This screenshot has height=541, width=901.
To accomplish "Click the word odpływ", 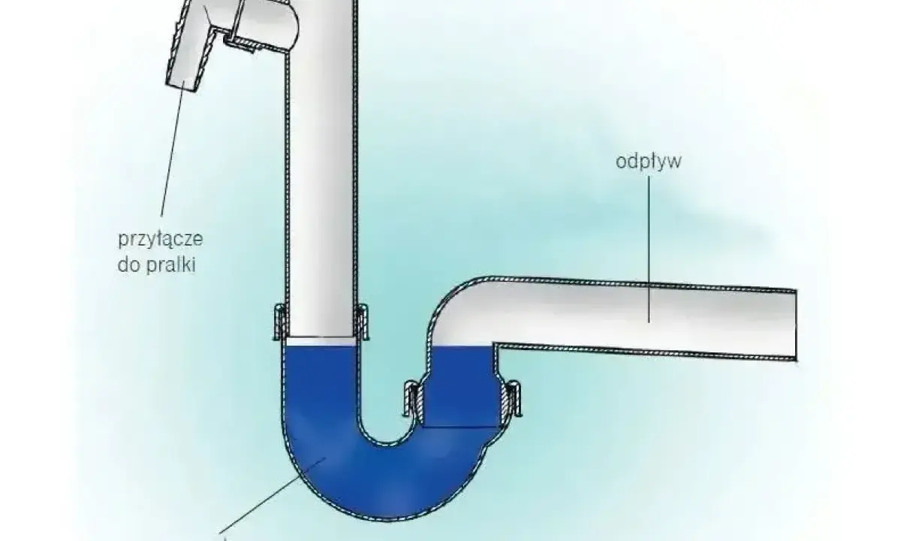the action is [649, 162].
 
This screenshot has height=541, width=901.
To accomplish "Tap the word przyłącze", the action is [161, 240].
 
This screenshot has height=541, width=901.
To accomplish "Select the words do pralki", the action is [156, 265].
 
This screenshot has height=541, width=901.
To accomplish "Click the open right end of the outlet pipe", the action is [796, 325].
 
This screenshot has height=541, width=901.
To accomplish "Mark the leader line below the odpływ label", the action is [649, 249].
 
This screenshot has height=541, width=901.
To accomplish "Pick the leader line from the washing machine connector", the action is [173, 148].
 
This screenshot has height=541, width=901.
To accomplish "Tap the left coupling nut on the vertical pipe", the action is [280, 322].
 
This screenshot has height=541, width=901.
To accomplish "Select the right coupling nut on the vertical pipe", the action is [362, 322].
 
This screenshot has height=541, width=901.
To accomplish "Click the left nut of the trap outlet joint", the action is [412, 398].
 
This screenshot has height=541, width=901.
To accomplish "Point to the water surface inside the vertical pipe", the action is [322, 341].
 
